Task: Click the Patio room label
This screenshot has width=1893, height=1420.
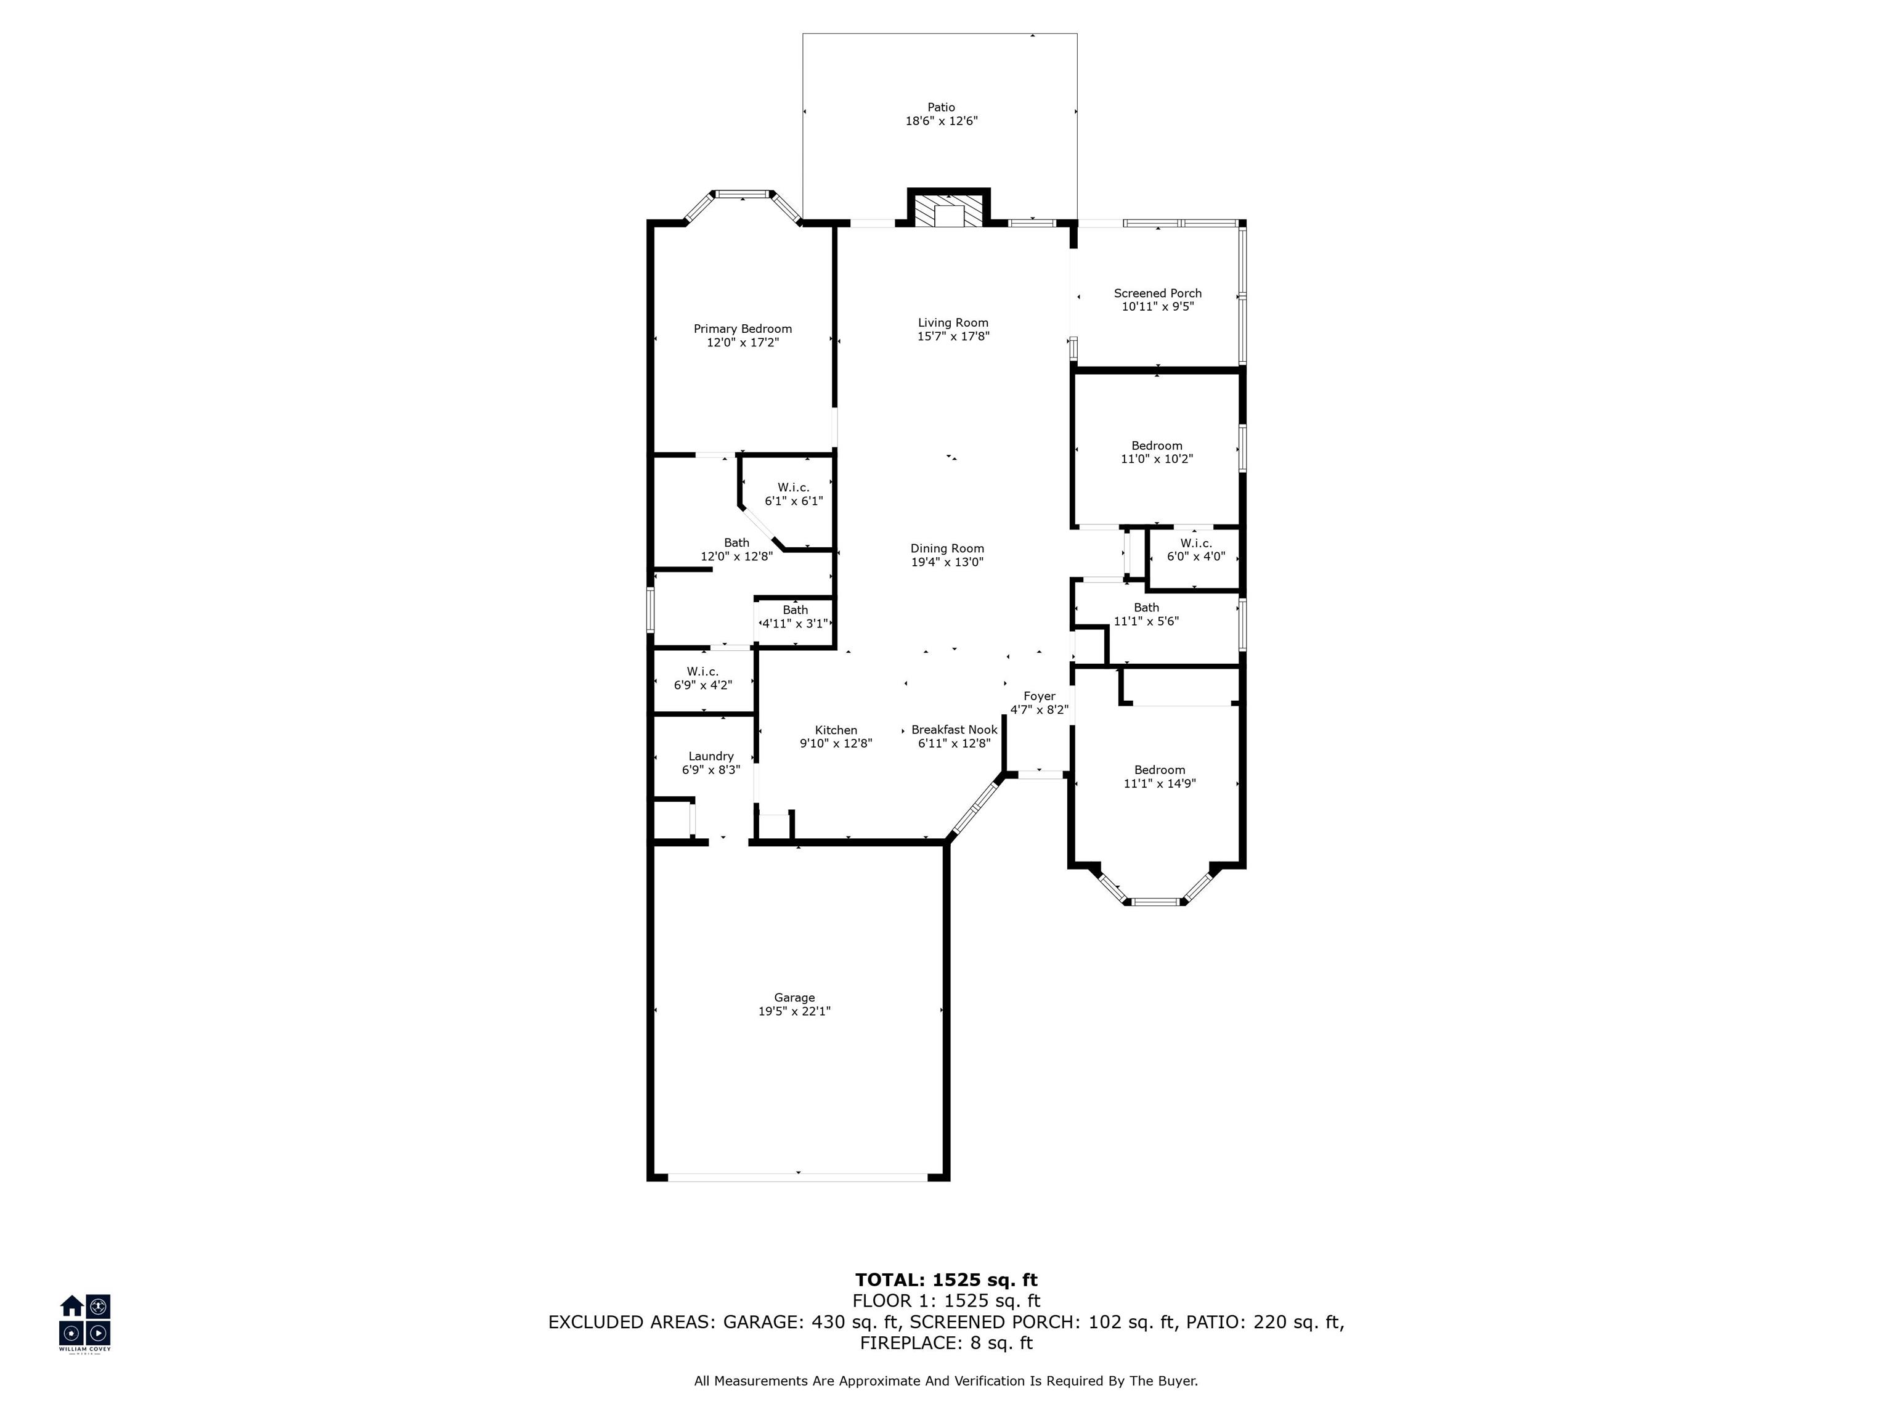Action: [x=942, y=108]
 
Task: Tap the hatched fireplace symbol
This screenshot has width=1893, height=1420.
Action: [x=948, y=211]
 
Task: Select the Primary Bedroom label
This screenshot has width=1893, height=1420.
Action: [x=743, y=328]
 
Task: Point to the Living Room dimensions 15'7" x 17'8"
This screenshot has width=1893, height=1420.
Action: [x=953, y=337]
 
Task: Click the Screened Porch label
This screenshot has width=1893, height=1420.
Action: [x=1158, y=293]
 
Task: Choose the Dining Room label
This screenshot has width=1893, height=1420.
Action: [x=947, y=549]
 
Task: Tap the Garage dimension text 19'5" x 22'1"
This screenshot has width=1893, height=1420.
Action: [x=794, y=1011]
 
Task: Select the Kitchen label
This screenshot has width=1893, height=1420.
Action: [x=836, y=730]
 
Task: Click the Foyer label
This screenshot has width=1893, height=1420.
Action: [x=1040, y=696]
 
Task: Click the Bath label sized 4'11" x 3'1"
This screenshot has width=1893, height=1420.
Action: [x=795, y=610]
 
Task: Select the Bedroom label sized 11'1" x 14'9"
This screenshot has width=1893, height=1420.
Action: [x=1160, y=770]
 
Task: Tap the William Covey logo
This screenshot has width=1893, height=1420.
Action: [x=84, y=1323]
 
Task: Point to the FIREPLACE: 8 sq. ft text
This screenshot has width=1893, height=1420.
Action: [x=946, y=1343]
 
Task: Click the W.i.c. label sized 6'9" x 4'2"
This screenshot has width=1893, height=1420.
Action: [x=702, y=672]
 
